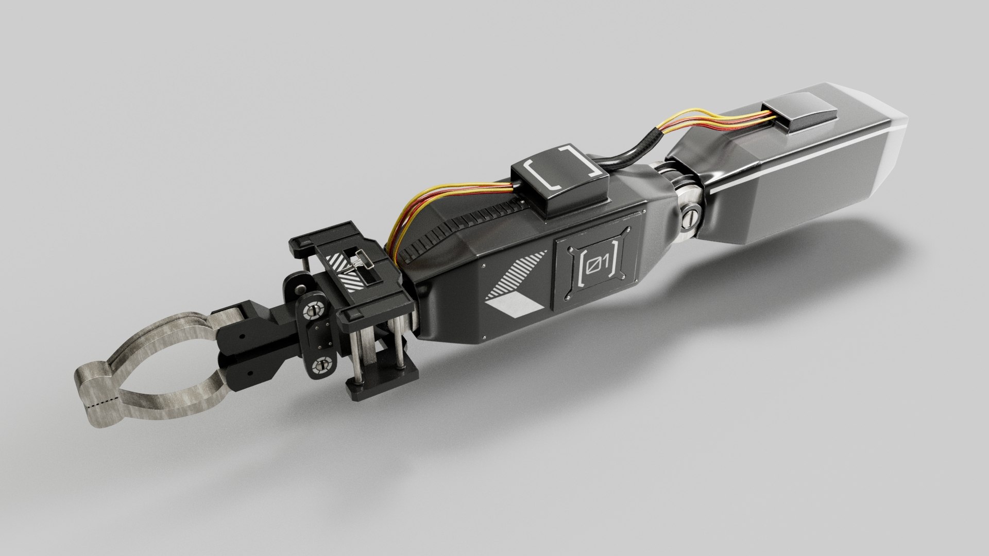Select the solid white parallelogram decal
click(x=515, y=307)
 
